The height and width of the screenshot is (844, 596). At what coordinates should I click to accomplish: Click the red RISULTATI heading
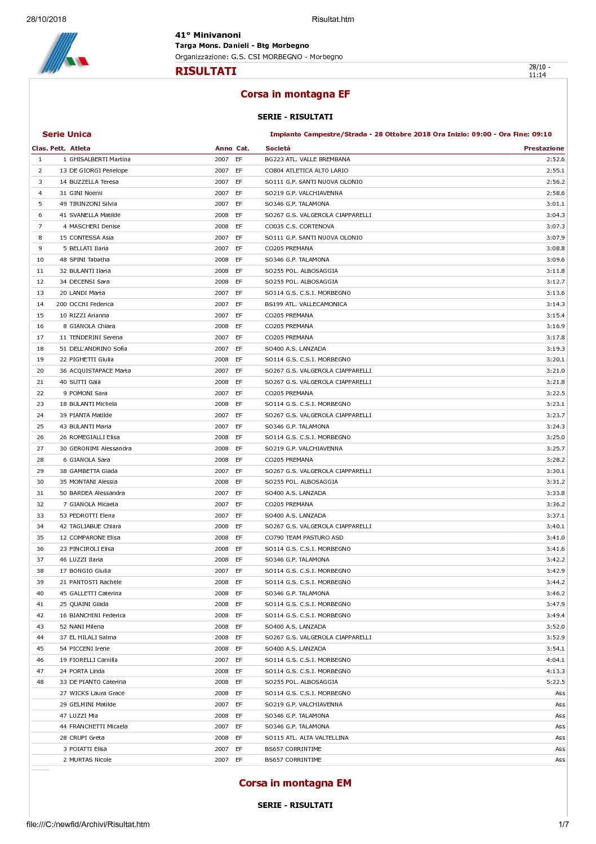pyautogui.click(x=206, y=71)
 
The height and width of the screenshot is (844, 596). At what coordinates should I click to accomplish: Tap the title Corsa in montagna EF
pyautogui.click(x=295, y=94)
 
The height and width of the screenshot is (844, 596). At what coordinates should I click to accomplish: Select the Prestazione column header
pyautogui.click(x=544, y=148)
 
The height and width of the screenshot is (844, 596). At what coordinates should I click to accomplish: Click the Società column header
pyautogui.click(x=278, y=148)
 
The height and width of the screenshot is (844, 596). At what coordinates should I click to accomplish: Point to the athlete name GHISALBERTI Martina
pyautogui.click(x=100, y=160)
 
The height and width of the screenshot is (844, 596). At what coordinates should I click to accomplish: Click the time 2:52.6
pyautogui.click(x=555, y=160)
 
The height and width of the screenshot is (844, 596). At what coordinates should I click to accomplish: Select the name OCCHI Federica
pyautogui.click(x=91, y=304)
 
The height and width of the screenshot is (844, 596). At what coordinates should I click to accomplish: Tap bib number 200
pyautogui.click(x=61, y=304)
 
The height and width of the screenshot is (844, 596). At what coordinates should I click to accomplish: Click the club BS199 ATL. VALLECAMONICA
pyautogui.click(x=306, y=304)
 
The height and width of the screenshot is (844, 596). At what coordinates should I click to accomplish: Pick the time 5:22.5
pyautogui.click(x=555, y=682)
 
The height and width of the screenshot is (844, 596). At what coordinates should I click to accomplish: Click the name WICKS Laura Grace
pyautogui.click(x=97, y=693)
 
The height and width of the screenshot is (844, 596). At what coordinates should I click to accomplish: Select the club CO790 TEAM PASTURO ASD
pyautogui.click(x=304, y=537)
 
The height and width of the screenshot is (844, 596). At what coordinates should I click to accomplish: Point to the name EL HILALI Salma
pyautogui.click(x=93, y=638)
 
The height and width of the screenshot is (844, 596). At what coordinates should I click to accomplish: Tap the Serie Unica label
pyautogui.click(x=66, y=134)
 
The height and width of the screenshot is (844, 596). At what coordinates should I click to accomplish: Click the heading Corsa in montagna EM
pyautogui.click(x=295, y=783)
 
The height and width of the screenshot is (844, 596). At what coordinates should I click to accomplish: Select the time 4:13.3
pyautogui.click(x=555, y=671)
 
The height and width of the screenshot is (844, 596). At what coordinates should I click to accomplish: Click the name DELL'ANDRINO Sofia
pyautogui.click(x=98, y=348)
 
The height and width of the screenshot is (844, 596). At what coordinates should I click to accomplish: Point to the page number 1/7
pyautogui.click(x=563, y=824)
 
